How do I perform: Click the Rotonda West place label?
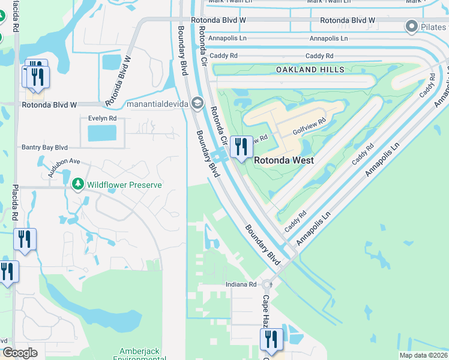click(284, 161)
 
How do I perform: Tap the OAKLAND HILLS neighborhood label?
click(310, 70)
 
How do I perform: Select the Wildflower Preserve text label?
click(124, 185)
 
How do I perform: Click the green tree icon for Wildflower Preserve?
click(77, 184)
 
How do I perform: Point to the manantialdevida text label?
click(157, 104)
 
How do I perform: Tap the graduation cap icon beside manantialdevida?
click(197, 104)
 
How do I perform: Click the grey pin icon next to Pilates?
click(411, 26)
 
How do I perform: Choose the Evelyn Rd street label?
click(102, 119)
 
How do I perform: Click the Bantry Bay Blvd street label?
click(45, 147)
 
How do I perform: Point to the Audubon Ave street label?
click(64, 161)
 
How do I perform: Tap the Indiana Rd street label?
click(241, 284)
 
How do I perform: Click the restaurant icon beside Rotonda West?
click(241, 147)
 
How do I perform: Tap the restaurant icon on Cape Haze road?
click(271, 339)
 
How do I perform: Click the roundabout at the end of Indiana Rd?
click(267, 285)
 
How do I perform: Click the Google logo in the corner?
click(20, 353)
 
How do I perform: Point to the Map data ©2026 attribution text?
click(424, 355)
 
